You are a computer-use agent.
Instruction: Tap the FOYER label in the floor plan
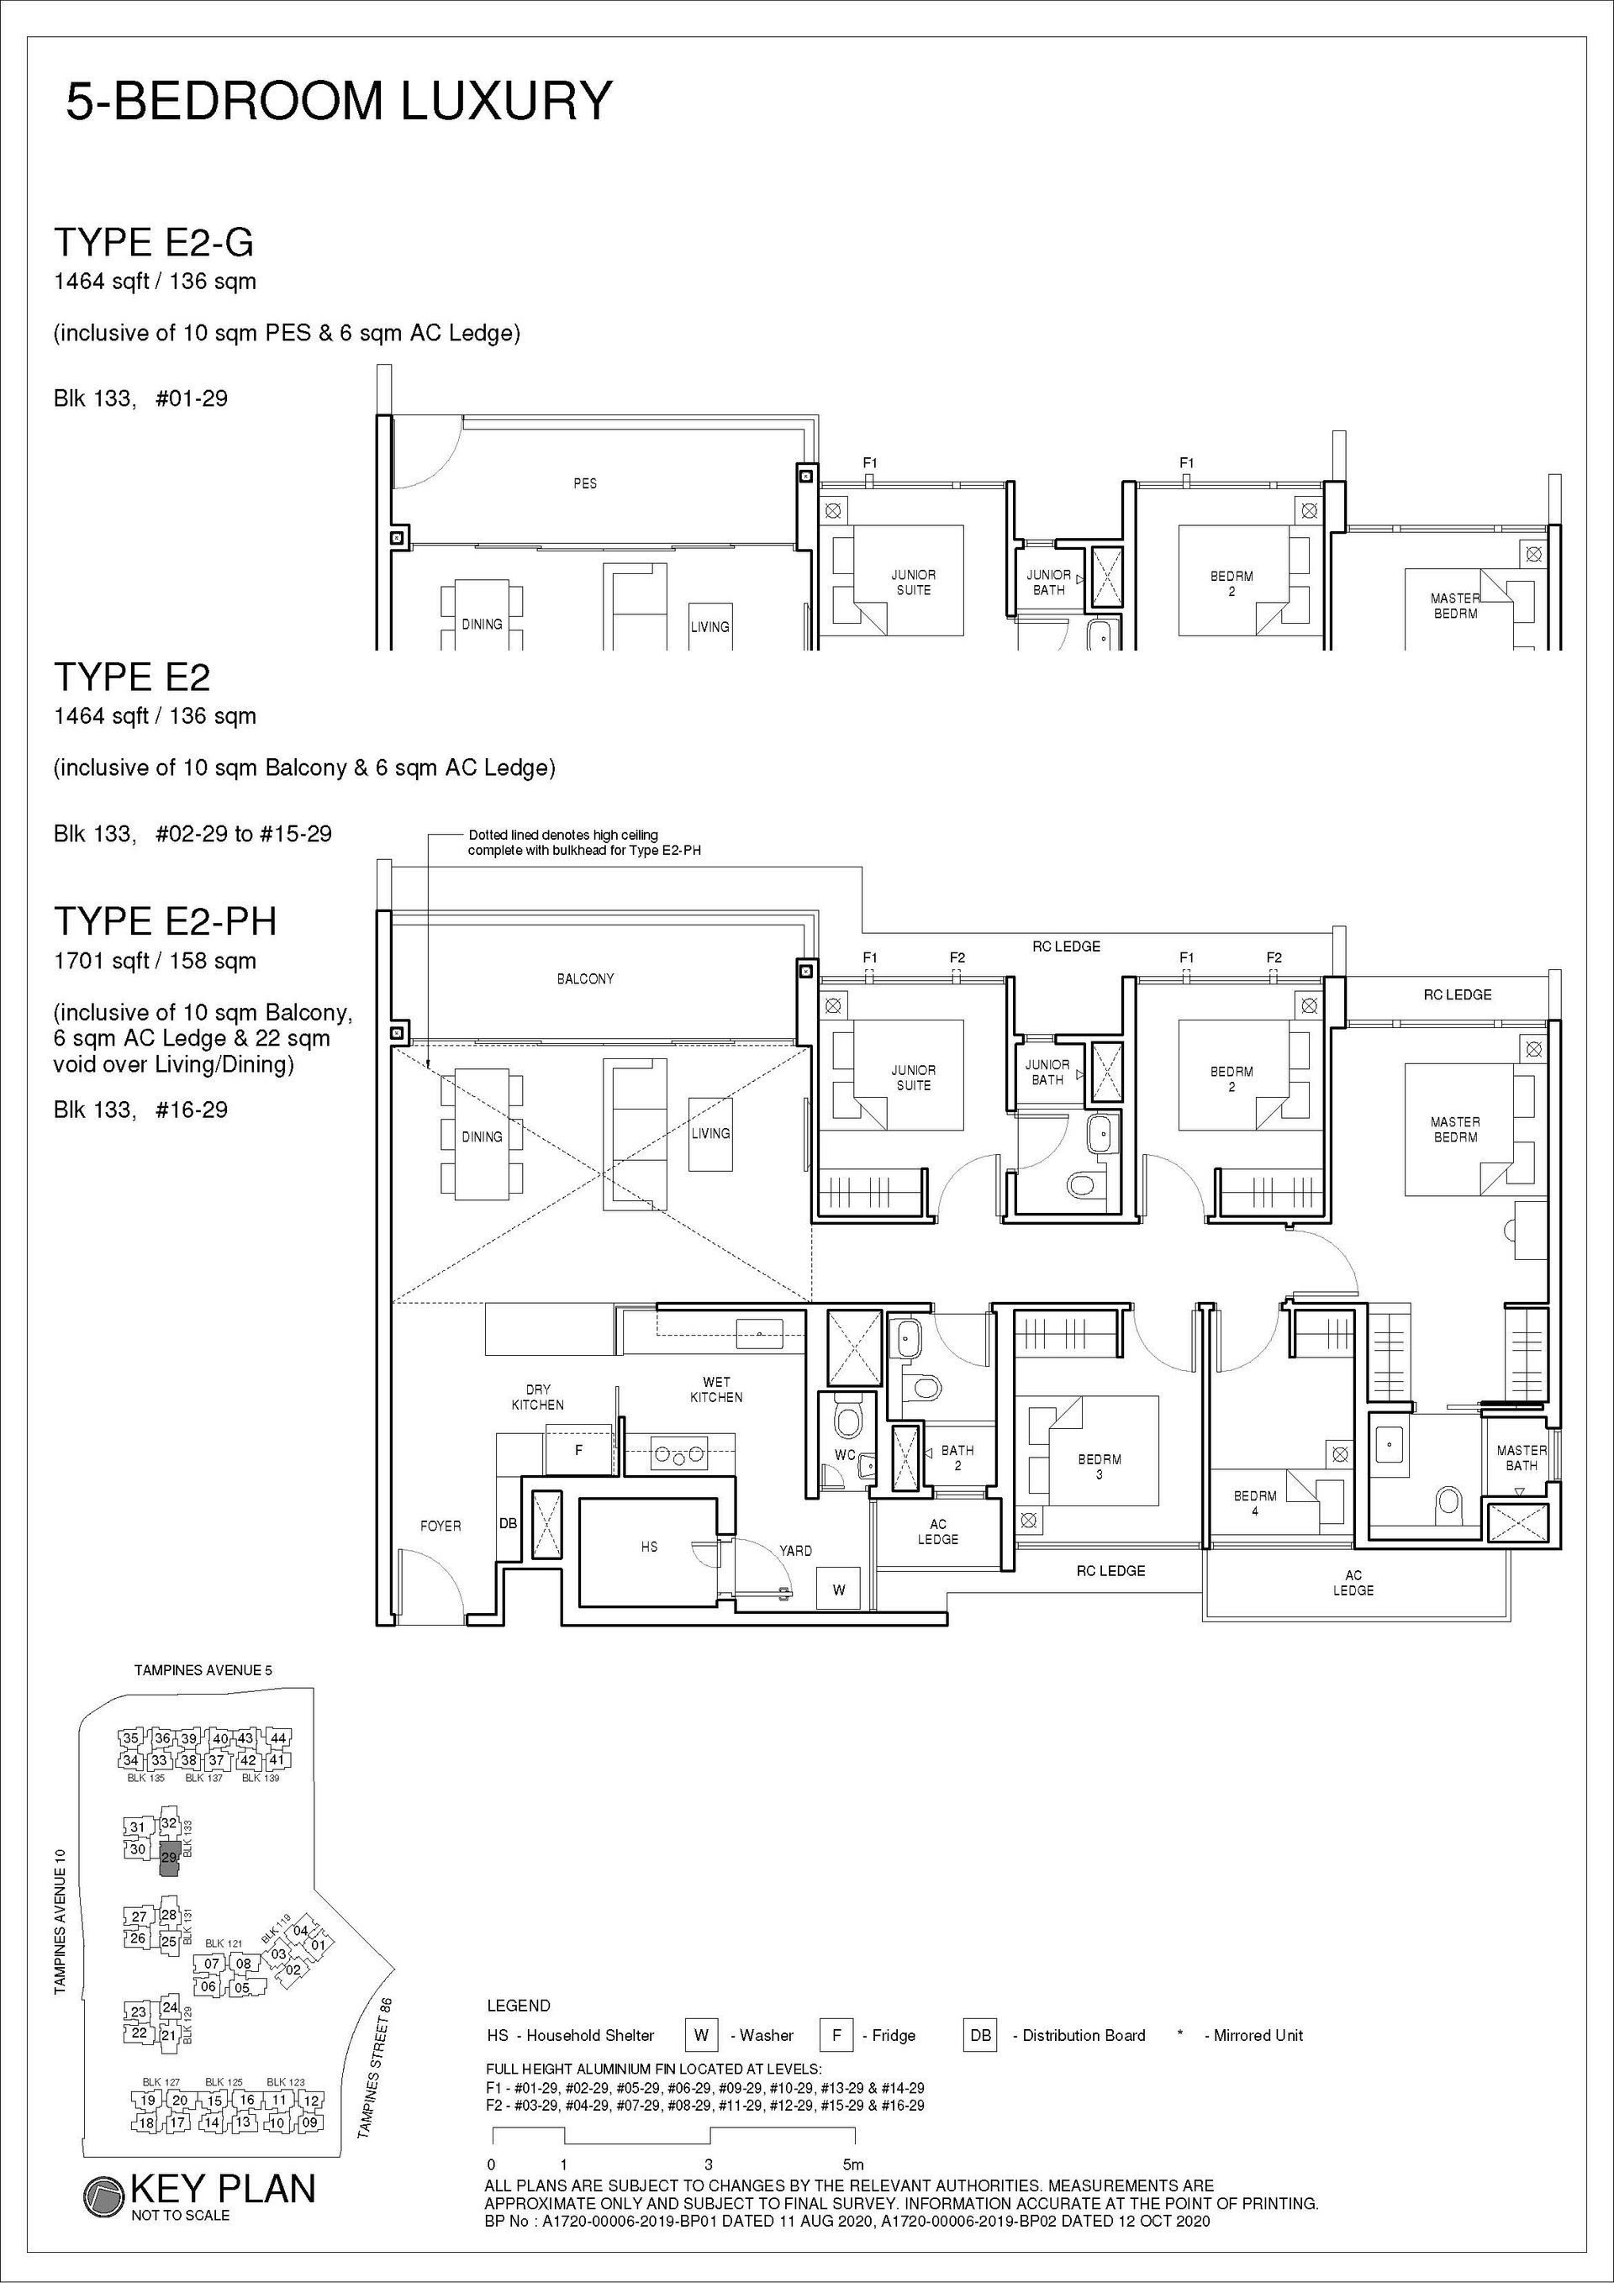440,1526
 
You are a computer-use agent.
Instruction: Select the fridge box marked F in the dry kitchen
578,1450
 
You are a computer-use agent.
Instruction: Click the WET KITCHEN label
716,1389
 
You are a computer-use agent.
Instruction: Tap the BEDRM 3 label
1099,1467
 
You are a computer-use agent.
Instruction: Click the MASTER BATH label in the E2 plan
1521,1458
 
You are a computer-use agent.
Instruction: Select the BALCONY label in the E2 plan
585,979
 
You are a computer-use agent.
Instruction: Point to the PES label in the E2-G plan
585,483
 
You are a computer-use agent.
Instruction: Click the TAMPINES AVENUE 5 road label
203,1671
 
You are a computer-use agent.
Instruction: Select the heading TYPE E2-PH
165,920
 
